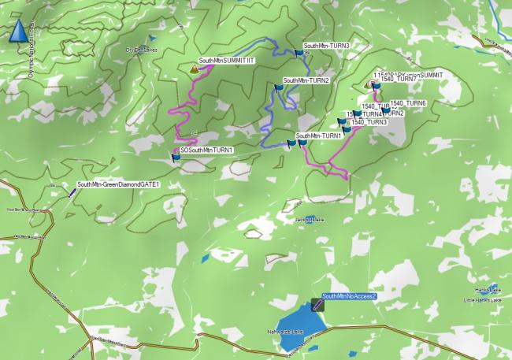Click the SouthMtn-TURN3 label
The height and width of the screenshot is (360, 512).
click(326, 46)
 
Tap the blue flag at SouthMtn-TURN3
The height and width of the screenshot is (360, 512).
click(298, 53)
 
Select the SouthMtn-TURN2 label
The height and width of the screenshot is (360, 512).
click(306, 80)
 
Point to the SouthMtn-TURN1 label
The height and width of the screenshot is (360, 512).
click(318, 135)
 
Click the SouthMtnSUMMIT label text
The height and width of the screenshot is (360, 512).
click(227, 61)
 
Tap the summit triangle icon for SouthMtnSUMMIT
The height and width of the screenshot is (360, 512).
click(194, 69)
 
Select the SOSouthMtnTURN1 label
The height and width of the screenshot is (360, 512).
click(206, 150)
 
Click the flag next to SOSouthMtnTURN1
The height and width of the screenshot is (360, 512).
click(176, 157)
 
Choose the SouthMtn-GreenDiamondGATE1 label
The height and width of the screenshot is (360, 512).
click(118, 184)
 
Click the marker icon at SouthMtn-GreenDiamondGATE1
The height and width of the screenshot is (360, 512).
click(72, 191)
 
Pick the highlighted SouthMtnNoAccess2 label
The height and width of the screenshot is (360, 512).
click(350, 296)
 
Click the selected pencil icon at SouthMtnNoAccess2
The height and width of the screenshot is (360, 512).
click(317, 302)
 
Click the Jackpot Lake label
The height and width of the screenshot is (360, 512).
click(309, 219)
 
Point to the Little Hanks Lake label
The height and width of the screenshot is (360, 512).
click(480, 300)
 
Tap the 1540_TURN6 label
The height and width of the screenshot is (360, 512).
click(407, 103)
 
